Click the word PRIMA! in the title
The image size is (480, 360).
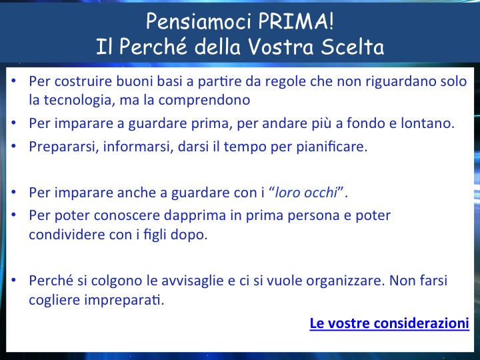[x=295, y=21]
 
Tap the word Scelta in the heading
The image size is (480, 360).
[x=353, y=47]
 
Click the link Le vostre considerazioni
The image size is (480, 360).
[x=389, y=323]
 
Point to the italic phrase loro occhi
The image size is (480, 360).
[x=306, y=193]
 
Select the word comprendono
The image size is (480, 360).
[x=204, y=100]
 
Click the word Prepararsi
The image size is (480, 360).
[x=64, y=146]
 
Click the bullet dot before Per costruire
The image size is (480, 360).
[x=13, y=81]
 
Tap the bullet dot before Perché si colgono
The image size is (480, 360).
[x=13, y=281]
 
